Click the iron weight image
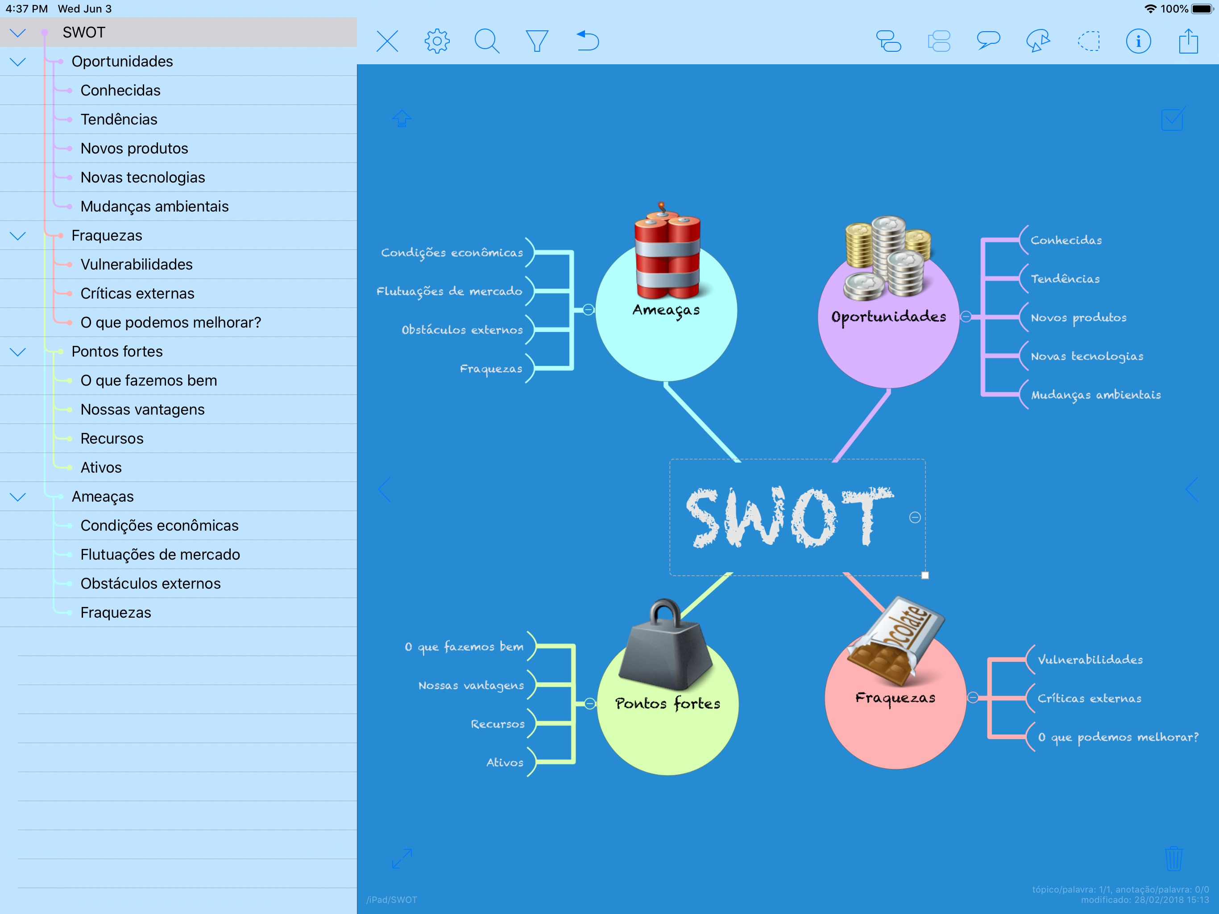[x=666, y=648]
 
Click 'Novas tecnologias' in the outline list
[x=143, y=178]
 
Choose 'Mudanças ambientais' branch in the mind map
[x=1095, y=395]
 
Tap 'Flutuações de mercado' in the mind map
[x=449, y=291]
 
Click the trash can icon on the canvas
[x=1173, y=858]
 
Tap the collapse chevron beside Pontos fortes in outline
[x=18, y=352]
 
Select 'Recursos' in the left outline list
[x=112, y=439]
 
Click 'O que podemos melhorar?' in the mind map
[x=1118, y=737]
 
